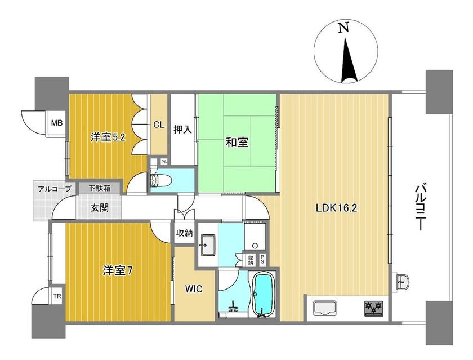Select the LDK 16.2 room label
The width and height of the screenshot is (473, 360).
point(336,208)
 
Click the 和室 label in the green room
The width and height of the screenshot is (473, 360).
point(237,142)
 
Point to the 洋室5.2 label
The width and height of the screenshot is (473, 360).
point(108,137)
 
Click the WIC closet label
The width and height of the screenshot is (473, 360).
point(194,289)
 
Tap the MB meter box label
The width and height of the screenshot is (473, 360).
point(57,123)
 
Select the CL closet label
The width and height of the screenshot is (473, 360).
point(159,125)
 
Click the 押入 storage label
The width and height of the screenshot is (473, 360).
point(182,130)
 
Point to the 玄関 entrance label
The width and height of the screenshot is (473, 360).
point(100,208)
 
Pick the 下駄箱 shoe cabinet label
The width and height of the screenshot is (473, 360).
point(99,188)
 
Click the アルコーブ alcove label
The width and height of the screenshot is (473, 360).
point(55,189)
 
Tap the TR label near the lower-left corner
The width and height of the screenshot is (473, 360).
point(57,296)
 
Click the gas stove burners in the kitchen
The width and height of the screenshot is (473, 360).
point(374,308)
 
